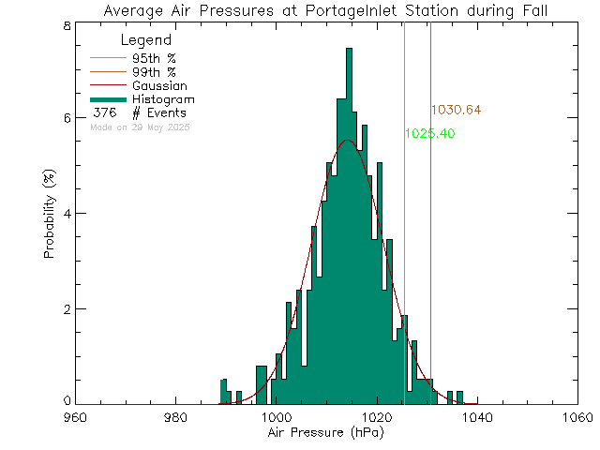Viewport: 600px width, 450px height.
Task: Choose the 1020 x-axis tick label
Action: [376, 418]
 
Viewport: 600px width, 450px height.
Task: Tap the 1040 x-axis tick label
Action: [476, 418]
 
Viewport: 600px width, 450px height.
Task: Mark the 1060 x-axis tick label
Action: [577, 418]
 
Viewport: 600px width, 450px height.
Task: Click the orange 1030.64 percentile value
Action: [457, 111]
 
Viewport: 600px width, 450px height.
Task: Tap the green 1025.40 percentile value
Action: [430, 134]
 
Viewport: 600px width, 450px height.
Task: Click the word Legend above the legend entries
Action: [147, 40]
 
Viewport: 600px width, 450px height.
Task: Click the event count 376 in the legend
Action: [103, 112]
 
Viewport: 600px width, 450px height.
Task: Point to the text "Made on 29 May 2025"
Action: [140, 127]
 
